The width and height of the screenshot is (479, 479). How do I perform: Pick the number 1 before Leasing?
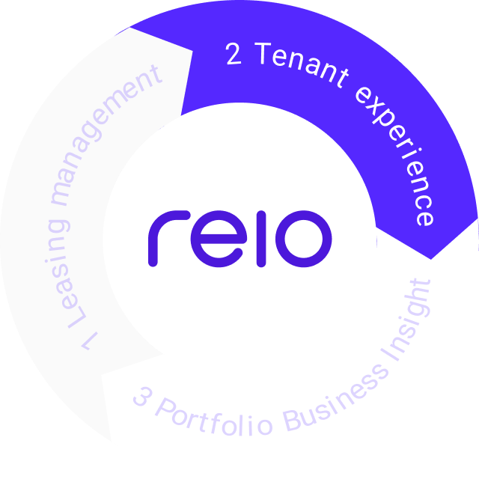coord(88,341)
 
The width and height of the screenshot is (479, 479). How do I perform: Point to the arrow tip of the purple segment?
coord(431,258)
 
